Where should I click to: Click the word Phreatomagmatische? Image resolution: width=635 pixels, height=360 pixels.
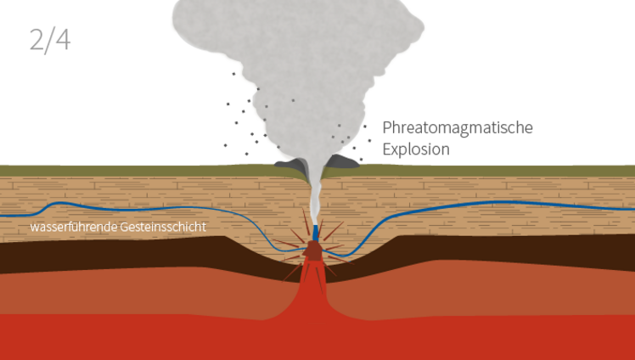point(457,128)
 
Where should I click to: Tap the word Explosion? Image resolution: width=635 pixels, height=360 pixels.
point(415,149)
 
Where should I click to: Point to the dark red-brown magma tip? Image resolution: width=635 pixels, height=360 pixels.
point(313,251)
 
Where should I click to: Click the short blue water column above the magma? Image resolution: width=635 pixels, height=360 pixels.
point(316,232)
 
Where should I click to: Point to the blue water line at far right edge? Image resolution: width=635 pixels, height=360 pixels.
point(630,208)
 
